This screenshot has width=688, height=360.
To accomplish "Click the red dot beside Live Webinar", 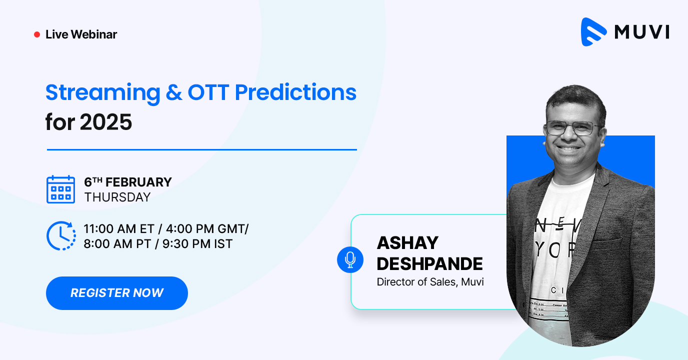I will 36,34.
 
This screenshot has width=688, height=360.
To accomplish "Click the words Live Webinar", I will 81,34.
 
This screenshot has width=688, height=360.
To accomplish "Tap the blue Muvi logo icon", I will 593,32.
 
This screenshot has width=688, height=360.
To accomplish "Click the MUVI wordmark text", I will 641,32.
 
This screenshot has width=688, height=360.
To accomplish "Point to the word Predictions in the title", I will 295,92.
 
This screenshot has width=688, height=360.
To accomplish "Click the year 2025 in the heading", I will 106,122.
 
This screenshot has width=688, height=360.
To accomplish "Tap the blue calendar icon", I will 60,189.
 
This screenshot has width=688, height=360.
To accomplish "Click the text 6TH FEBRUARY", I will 128,182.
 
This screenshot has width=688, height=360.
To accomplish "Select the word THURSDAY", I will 117,197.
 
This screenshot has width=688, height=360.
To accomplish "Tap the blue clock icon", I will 60,235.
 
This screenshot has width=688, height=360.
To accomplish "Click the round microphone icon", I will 350,259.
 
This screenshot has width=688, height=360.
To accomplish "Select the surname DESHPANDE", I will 429,263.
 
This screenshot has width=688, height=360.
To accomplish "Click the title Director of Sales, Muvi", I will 430,282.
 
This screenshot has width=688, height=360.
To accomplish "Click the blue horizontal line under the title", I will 201,149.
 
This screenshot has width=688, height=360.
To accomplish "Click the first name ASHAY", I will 407,243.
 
